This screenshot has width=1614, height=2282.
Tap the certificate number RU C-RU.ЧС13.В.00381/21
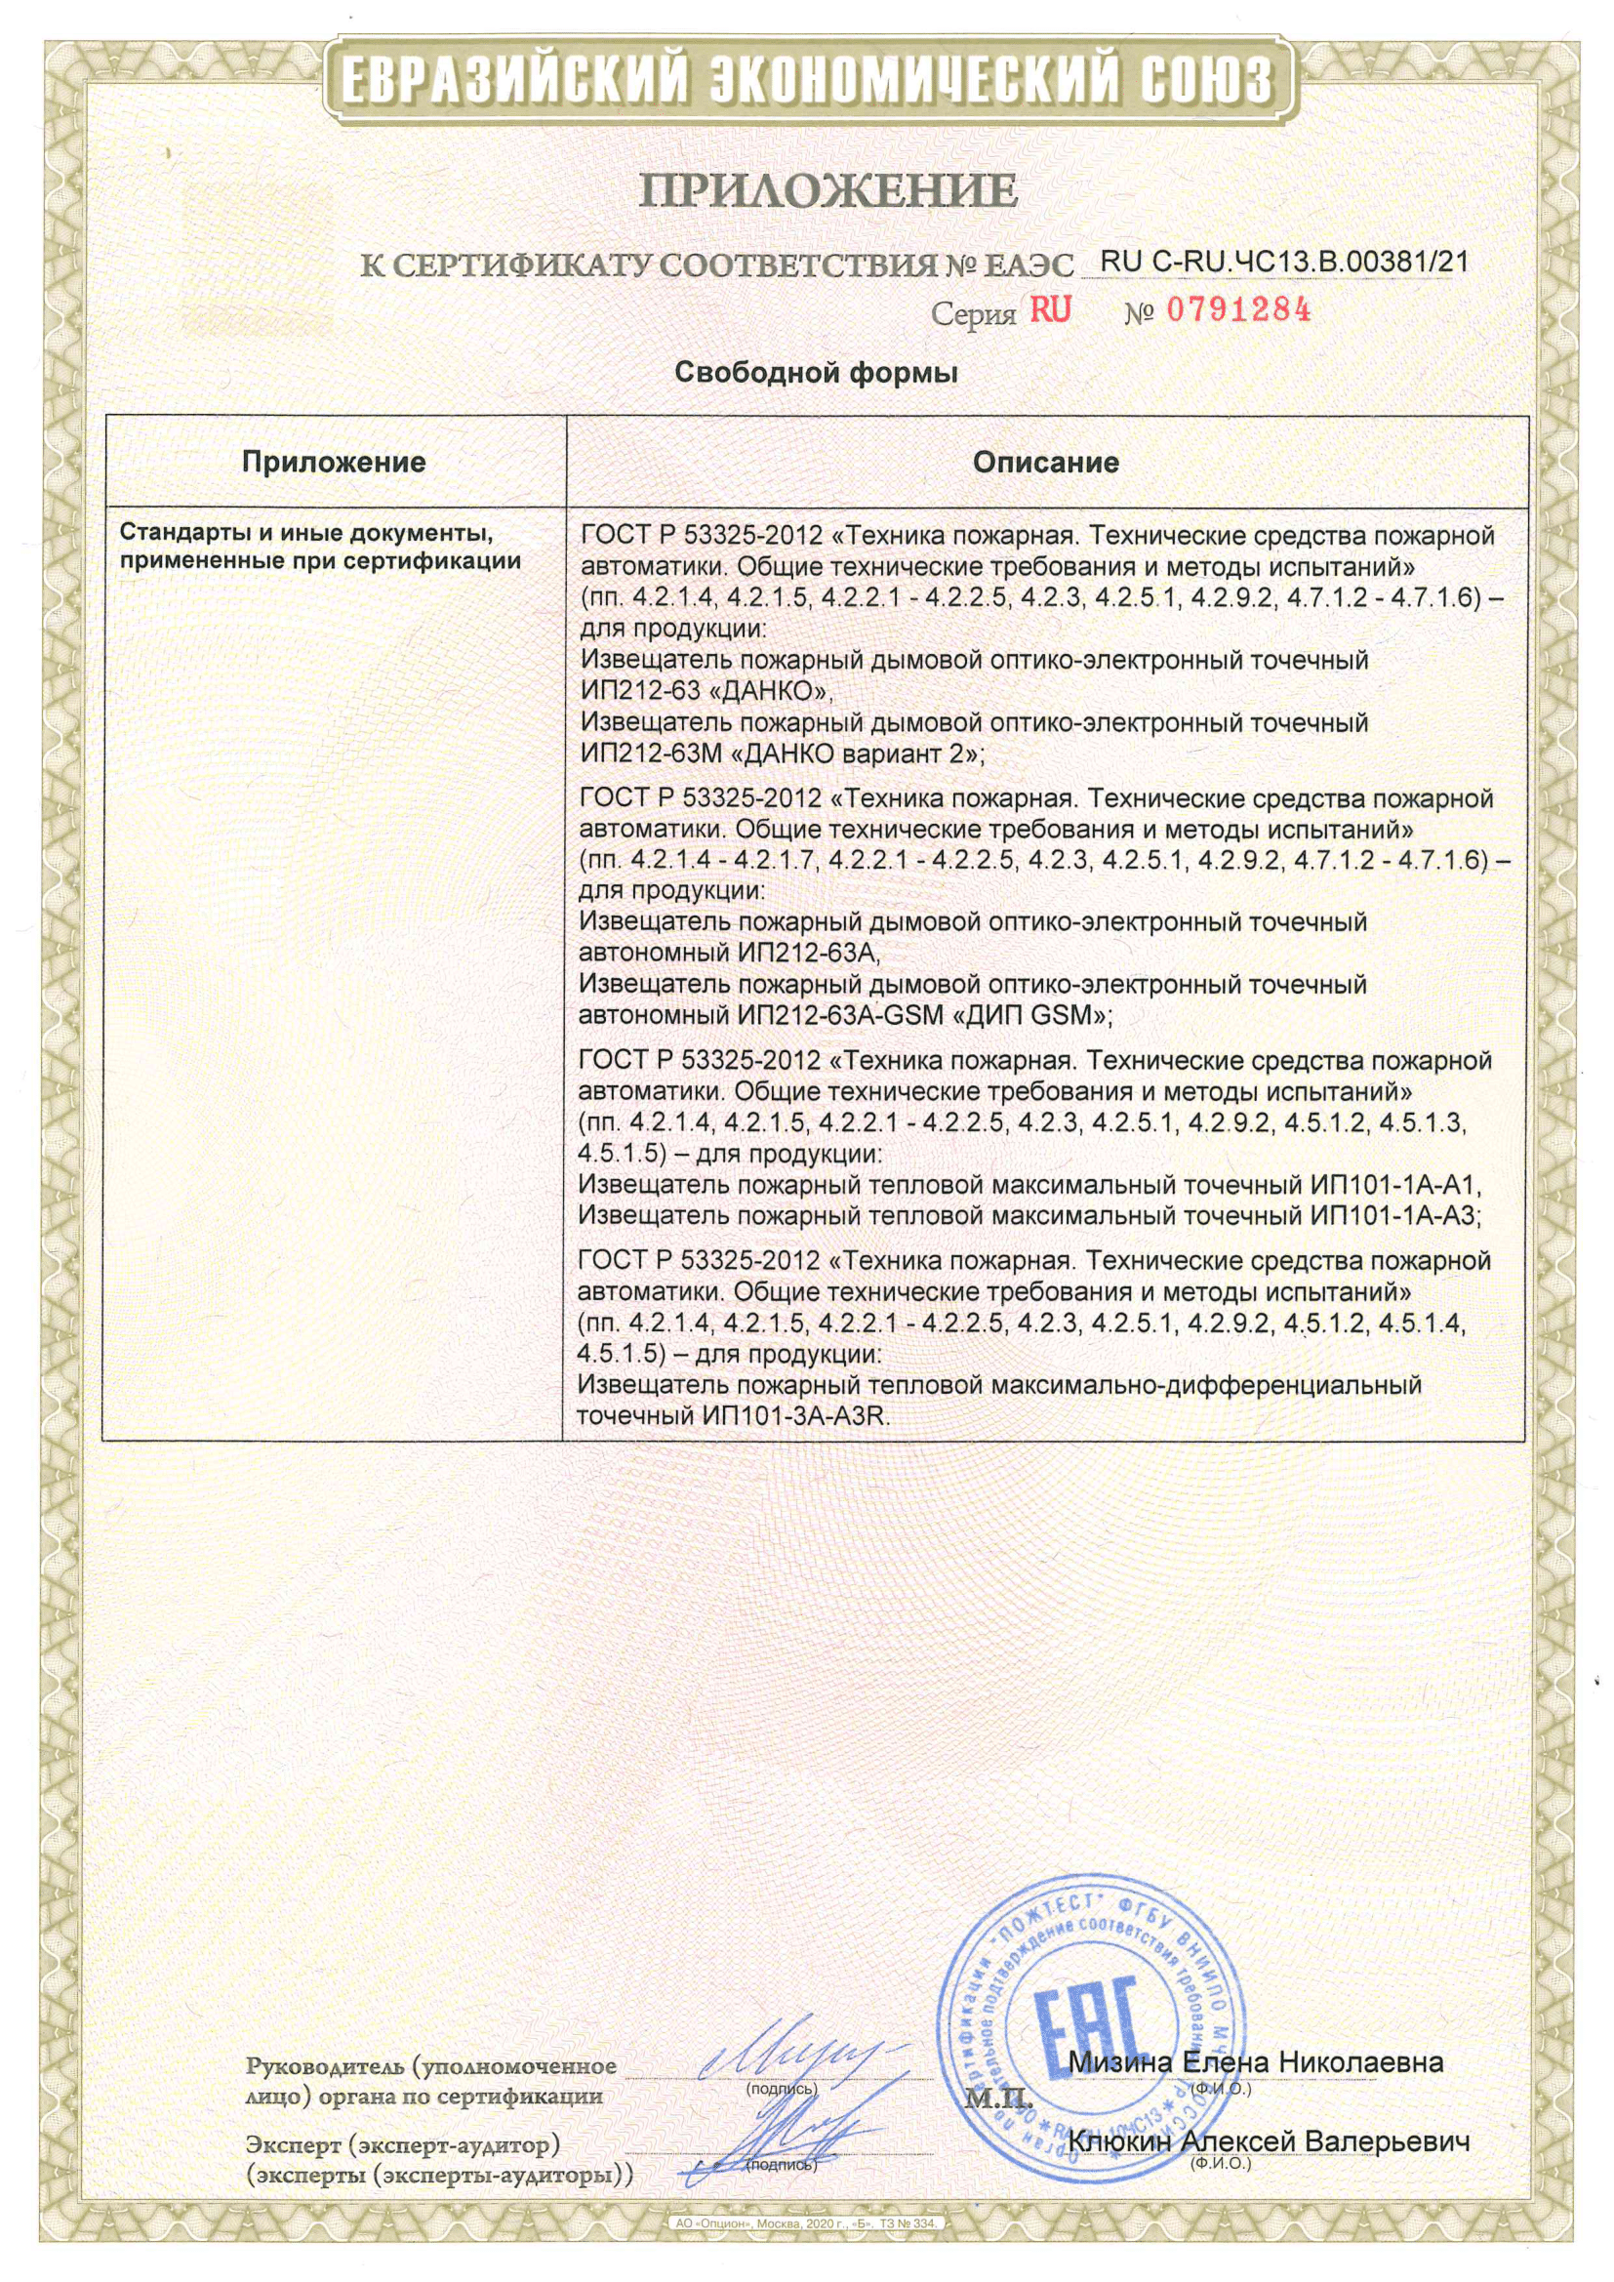[1284, 262]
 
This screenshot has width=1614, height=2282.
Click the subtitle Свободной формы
[816, 374]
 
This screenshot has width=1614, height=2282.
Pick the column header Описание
[1045, 463]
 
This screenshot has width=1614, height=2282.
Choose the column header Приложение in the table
[334, 463]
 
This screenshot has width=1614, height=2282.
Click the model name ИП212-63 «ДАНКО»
[706, 692]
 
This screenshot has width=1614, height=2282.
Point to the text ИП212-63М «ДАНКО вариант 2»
[782, 754]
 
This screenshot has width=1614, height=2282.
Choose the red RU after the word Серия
[1051, 311]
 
